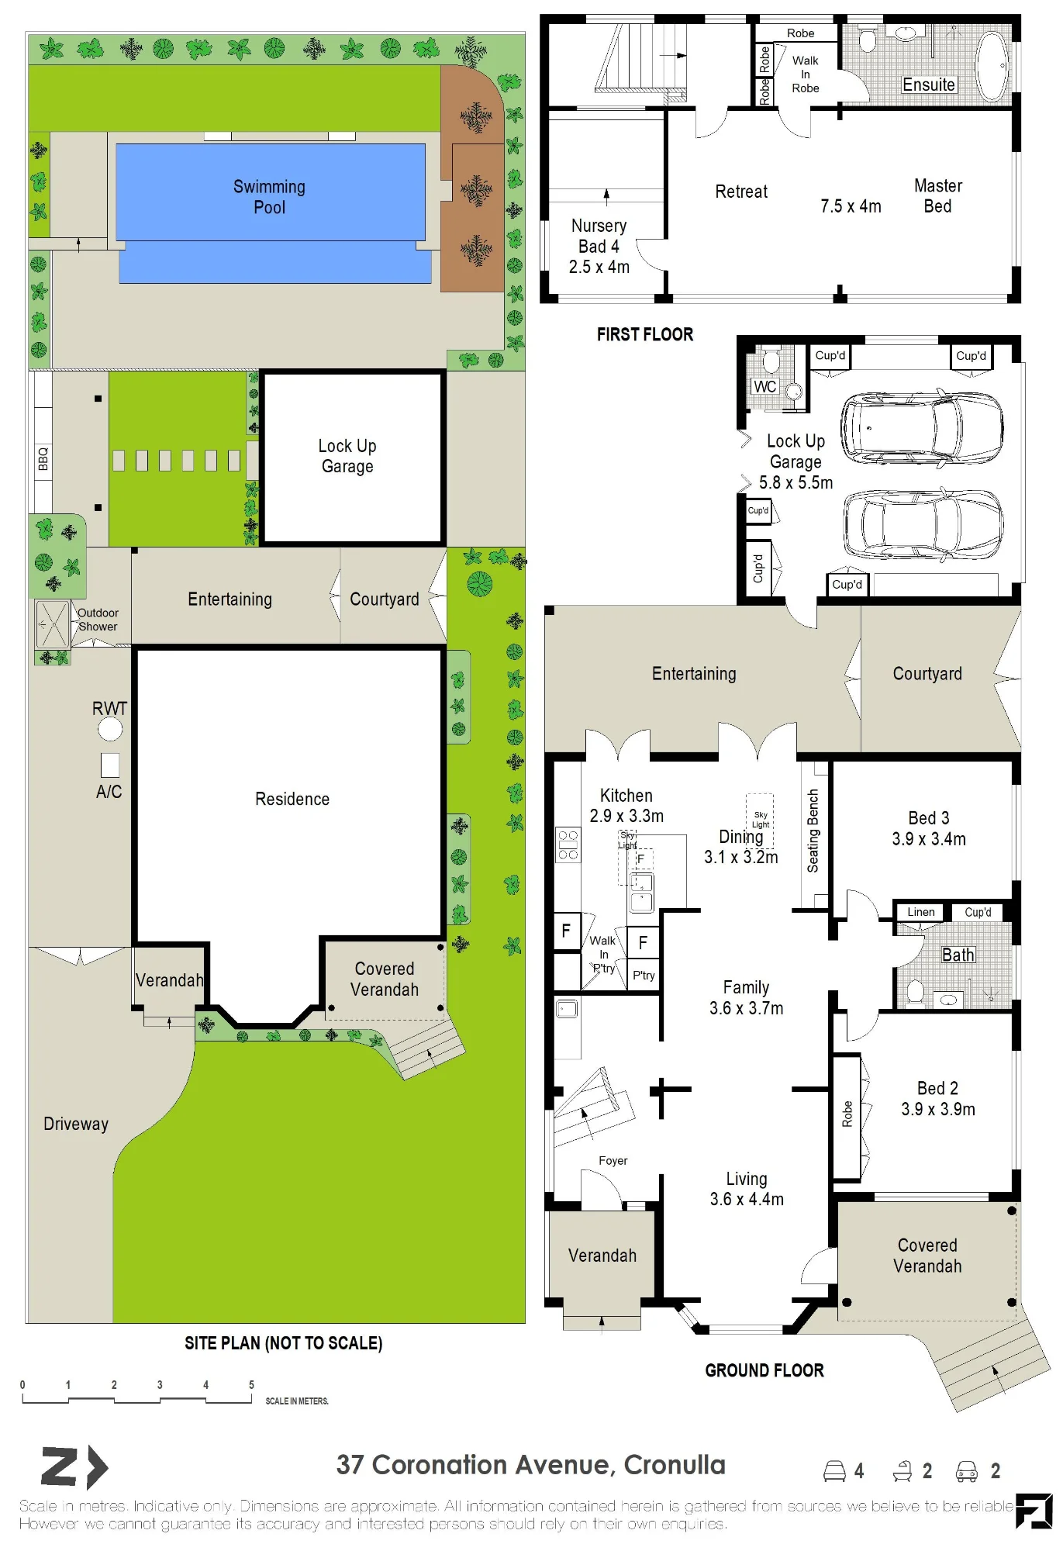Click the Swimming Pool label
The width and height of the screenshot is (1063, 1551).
coord(269,197)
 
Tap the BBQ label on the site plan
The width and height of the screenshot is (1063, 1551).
coord(43,458)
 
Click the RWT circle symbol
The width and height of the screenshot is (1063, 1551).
coord(110,729)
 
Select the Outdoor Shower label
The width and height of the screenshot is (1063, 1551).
coord(98,620)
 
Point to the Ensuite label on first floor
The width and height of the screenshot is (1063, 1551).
coord(929,85)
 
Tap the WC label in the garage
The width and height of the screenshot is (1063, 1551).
coord(764,386)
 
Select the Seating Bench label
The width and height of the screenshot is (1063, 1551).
coord(813,831)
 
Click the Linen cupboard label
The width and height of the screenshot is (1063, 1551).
coord(921,912)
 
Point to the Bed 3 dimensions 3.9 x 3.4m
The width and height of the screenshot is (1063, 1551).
coord(929,839)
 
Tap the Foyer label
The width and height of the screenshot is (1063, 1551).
coord(613,1160)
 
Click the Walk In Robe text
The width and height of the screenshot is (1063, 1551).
coord(806,74)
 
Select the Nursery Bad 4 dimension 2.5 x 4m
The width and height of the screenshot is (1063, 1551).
coord(599,267)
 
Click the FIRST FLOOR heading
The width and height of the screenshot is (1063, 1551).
coord(645,334)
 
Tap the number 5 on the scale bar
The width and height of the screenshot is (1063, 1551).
coord(251,1384)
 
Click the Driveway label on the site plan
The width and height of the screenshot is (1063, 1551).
coord(76,1124)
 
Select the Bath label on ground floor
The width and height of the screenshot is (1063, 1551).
coord(958,955)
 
